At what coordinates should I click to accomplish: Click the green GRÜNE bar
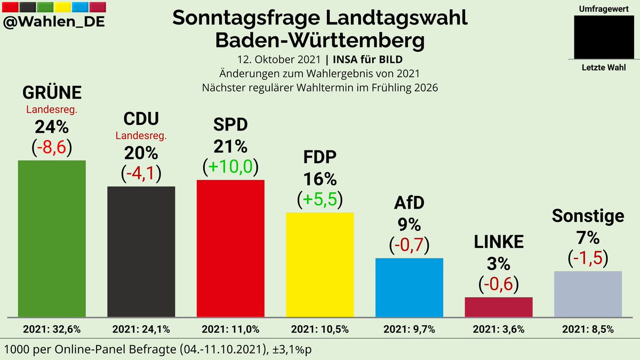click(x=52, y=237)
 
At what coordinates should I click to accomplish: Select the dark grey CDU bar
click(x=141, y=251)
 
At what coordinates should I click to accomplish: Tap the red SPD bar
click(x=230, y=247)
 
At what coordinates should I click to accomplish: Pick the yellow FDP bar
click(x=320, y=264)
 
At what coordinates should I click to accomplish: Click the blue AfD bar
click(x=409, y=287)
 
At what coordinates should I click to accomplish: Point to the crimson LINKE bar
click(x=499, y=306)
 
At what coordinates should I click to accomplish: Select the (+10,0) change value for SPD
click(x=230, y=167)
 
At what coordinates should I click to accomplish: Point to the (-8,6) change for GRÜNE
click(x=52, y=147)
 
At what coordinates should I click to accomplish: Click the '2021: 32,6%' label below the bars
click(x=52, y=329)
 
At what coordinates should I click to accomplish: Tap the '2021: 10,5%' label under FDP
click(x=320, y=329)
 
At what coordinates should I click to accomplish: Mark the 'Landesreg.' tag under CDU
click(x=141, y=136)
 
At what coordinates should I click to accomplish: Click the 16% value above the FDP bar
click(x=320, y=178)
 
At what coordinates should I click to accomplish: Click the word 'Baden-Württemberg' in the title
click(x=320, y=40)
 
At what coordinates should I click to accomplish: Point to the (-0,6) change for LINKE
click(x=499, y=283)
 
